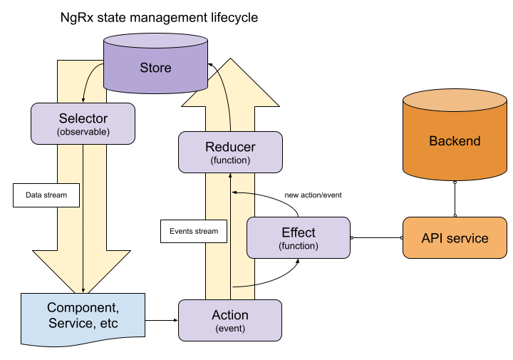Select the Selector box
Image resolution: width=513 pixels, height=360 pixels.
point(83,123)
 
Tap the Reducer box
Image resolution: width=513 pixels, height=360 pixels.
point(230,153)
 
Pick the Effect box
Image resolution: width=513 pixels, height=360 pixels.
point(299,237)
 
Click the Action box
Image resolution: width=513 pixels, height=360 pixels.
point(230,320)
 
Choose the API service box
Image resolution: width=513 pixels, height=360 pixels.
point(455,237)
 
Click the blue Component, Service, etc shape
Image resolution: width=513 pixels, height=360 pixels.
point(83,317)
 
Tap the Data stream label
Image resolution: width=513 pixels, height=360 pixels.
point(46,195)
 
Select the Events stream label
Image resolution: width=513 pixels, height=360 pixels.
point(194,231)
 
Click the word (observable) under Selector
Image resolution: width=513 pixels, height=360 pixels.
point(83,133)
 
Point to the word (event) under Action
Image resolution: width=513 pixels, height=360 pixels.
point(230,329)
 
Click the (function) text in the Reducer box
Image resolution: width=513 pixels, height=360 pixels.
point(230,161)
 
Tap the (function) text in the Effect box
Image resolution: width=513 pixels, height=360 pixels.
point(299,246)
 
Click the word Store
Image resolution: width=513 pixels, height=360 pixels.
point(155,68)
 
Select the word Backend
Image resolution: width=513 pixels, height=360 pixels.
point(455,141)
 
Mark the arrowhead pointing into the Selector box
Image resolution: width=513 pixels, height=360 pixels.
point(84,101)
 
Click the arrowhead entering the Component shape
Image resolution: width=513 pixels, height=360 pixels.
point(83,290)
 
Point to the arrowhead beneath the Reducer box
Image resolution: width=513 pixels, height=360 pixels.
point(230,175)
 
